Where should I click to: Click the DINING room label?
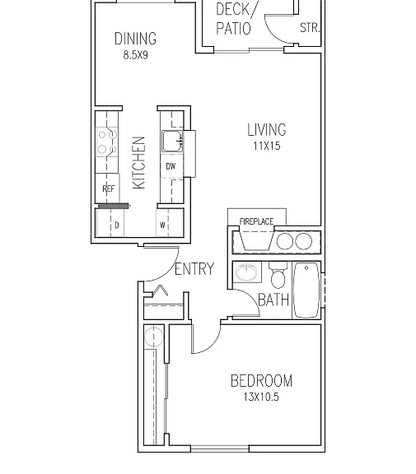coord(135,39)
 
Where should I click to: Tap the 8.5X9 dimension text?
coord(135,55)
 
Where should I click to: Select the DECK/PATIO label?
coord(235,19)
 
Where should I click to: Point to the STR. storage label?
coord(310,28)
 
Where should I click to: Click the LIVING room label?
coord(267,130)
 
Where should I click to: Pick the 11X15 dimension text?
coord(267,146)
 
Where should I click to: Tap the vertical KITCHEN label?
coord(139,163)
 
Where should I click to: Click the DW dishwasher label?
coord(171,166)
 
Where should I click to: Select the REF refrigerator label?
coord(108,189)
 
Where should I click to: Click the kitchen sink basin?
coord(172,141)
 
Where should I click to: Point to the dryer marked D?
coord(110,222)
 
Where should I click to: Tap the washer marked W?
coord(170,222)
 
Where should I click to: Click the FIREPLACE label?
coord(256,221)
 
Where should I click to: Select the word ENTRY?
coord(194,269)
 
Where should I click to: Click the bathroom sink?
coord(246,272)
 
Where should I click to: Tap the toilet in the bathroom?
coord(278,275)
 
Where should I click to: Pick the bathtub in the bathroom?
coord(306,290)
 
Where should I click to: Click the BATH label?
coord(273,300)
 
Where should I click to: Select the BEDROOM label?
coord(261,381)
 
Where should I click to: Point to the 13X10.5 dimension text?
coord(261,397)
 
